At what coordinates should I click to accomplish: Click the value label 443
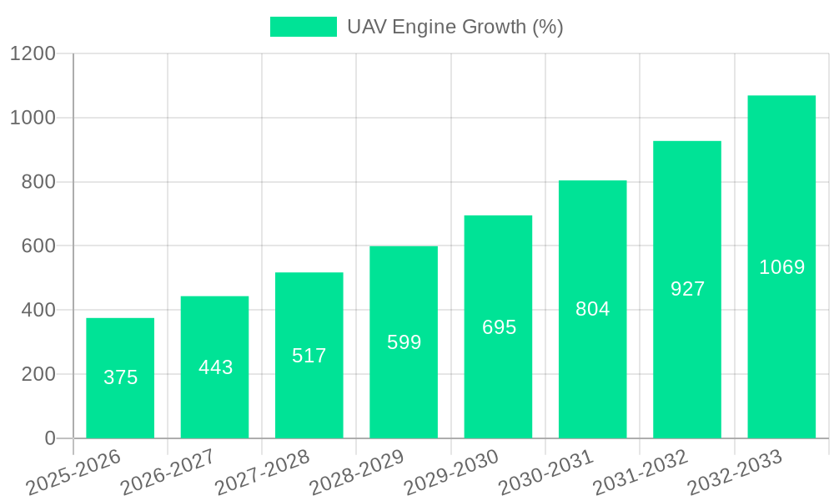pyautogui.click(x=216, y=367)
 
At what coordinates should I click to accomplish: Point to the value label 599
pyautogui.click(x=404, y=342)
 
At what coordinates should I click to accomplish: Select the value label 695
pyautogui.click(x=500, y=327)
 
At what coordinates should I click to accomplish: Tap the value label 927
pyautogui.click(x=688, y=289)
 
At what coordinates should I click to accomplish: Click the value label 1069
pyautogui.click(x=782, y=267)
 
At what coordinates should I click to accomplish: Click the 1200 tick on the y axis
pyautogui.click(x=33, y=54)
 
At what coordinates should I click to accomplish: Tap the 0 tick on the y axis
pyautogui.click(x=49, y=438)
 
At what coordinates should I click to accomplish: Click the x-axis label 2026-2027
pyautogui.click(x=168, y=473)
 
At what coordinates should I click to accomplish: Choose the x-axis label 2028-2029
pyautogui.click(x=357, y=473)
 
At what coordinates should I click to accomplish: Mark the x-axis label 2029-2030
pyautogui.click(x=451, y=473)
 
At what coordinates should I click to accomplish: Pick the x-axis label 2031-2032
pyautogui.click(x=641, y=473)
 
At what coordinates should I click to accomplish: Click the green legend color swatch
pyautogui.click(x=303, y=27)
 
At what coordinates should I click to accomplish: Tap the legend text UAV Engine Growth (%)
pyautogui.click(x=455, y=27)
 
